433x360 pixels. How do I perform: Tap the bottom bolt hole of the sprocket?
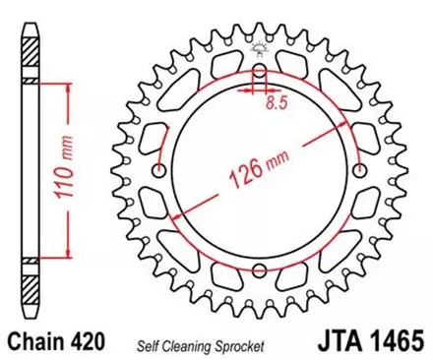[x=259, y=272]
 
